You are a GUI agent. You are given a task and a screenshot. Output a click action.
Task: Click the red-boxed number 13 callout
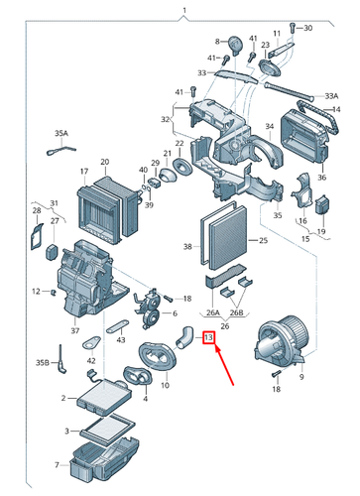[x=208, y=337]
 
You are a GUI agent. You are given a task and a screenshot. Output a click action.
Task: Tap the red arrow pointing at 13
[x=224, y=364]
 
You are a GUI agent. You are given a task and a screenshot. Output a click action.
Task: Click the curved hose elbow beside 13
[x=184, y=337]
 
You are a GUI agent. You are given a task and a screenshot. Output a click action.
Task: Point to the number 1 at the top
[x=184, y=11]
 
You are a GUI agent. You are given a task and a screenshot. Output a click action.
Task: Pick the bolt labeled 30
[x=292, y=27]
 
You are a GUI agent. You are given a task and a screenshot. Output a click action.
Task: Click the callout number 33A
[x=331, y=96]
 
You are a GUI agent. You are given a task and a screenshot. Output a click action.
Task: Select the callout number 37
[x=75, y=330]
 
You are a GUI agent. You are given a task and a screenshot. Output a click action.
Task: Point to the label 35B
[x=43, y=362]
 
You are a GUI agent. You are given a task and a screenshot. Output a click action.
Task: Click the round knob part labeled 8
[x=235, y=46]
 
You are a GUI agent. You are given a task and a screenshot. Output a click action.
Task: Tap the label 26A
[x=213, y=312]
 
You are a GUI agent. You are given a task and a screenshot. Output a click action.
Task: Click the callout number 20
[x=105, y=162]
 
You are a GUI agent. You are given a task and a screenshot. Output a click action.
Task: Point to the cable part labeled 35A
[x=61, y=150]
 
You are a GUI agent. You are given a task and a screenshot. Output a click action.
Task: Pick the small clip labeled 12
[x=53, y=292]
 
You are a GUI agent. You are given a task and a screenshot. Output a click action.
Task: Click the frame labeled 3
[x=107, y=428]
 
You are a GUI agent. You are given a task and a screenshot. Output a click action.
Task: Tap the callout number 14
[x=336, y=109]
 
